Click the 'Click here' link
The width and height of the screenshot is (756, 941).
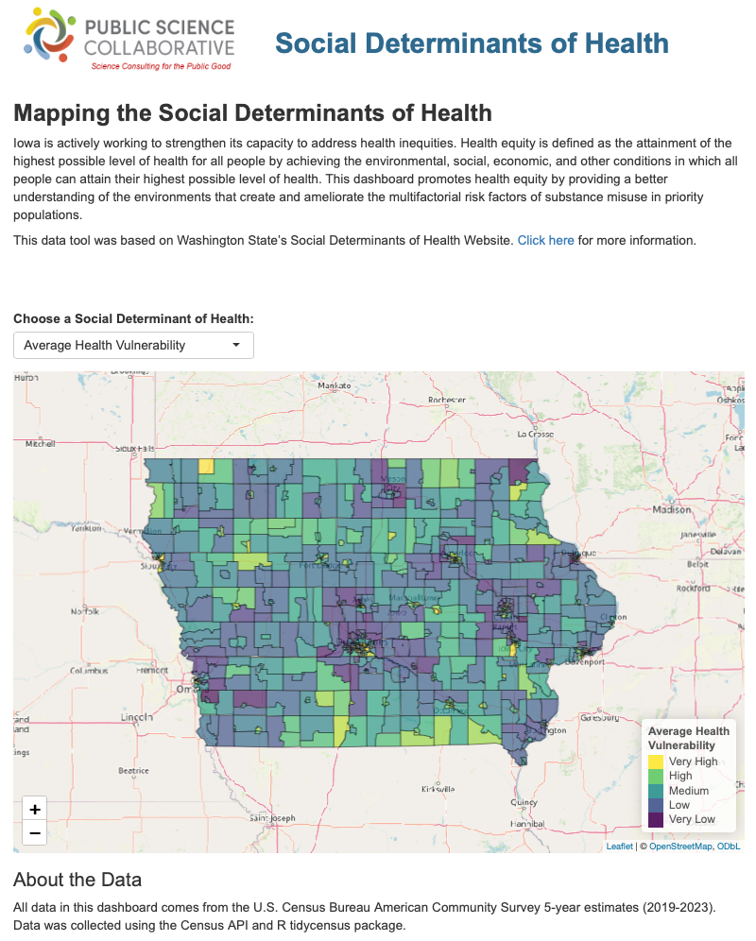pyautogui.click(x=545, y=240)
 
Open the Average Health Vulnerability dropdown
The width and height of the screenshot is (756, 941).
pyautogui.click(x=133, y=345)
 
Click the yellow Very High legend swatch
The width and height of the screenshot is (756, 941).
pyautogui.click(x=655, y=761)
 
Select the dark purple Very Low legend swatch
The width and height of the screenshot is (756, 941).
pyautogui.click(x=655, y=819)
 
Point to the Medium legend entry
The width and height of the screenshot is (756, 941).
pyautogui.click(x=688, y=791)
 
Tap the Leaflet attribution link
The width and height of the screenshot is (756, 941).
pyautogui.click(x=619, y=847)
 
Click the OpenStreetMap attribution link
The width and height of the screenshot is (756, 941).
pyautogui.click(x=679, y=847)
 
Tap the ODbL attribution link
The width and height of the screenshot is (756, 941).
pyautogui.click(x=729, y=847)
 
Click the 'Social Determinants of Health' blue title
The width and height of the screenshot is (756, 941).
pyautogui.click(x=472, y=43)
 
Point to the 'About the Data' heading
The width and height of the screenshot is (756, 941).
pyautogui.click(x=77, y=881)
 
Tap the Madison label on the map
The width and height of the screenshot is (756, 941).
pyautogui.click(x=672, y=509)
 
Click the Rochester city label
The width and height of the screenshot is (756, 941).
pyautogui.click(x=447, y=400)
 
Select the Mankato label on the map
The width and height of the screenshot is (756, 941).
pyautogui.click(x=334, y=385)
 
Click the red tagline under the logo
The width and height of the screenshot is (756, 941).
pyautogui.click(x=160, y=66)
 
